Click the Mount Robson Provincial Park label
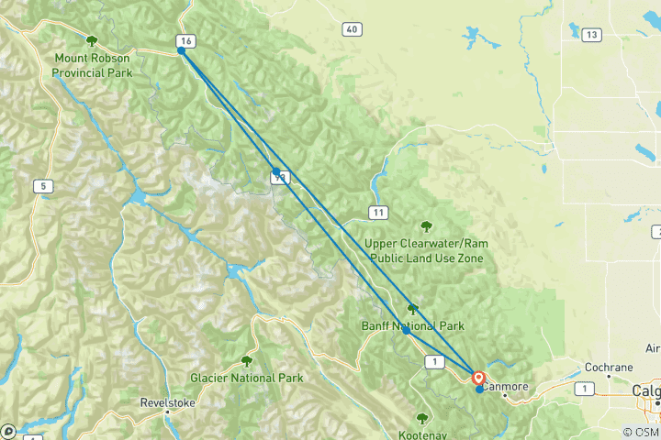point(92,64)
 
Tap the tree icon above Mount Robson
point(92,40)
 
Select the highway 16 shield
point(186,41)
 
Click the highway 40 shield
point(352,30)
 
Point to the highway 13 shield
point(591,35)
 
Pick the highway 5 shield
point(42,187)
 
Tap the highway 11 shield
point(377,213)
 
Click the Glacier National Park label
point(246,378)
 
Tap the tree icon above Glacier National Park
point(246,361)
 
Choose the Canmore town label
point(507,387)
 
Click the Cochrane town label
point(609,368)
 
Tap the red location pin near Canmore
point(478,377)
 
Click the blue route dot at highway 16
point(182,51)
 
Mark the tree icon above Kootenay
point(422,417)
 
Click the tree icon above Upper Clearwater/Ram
point(425,226)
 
